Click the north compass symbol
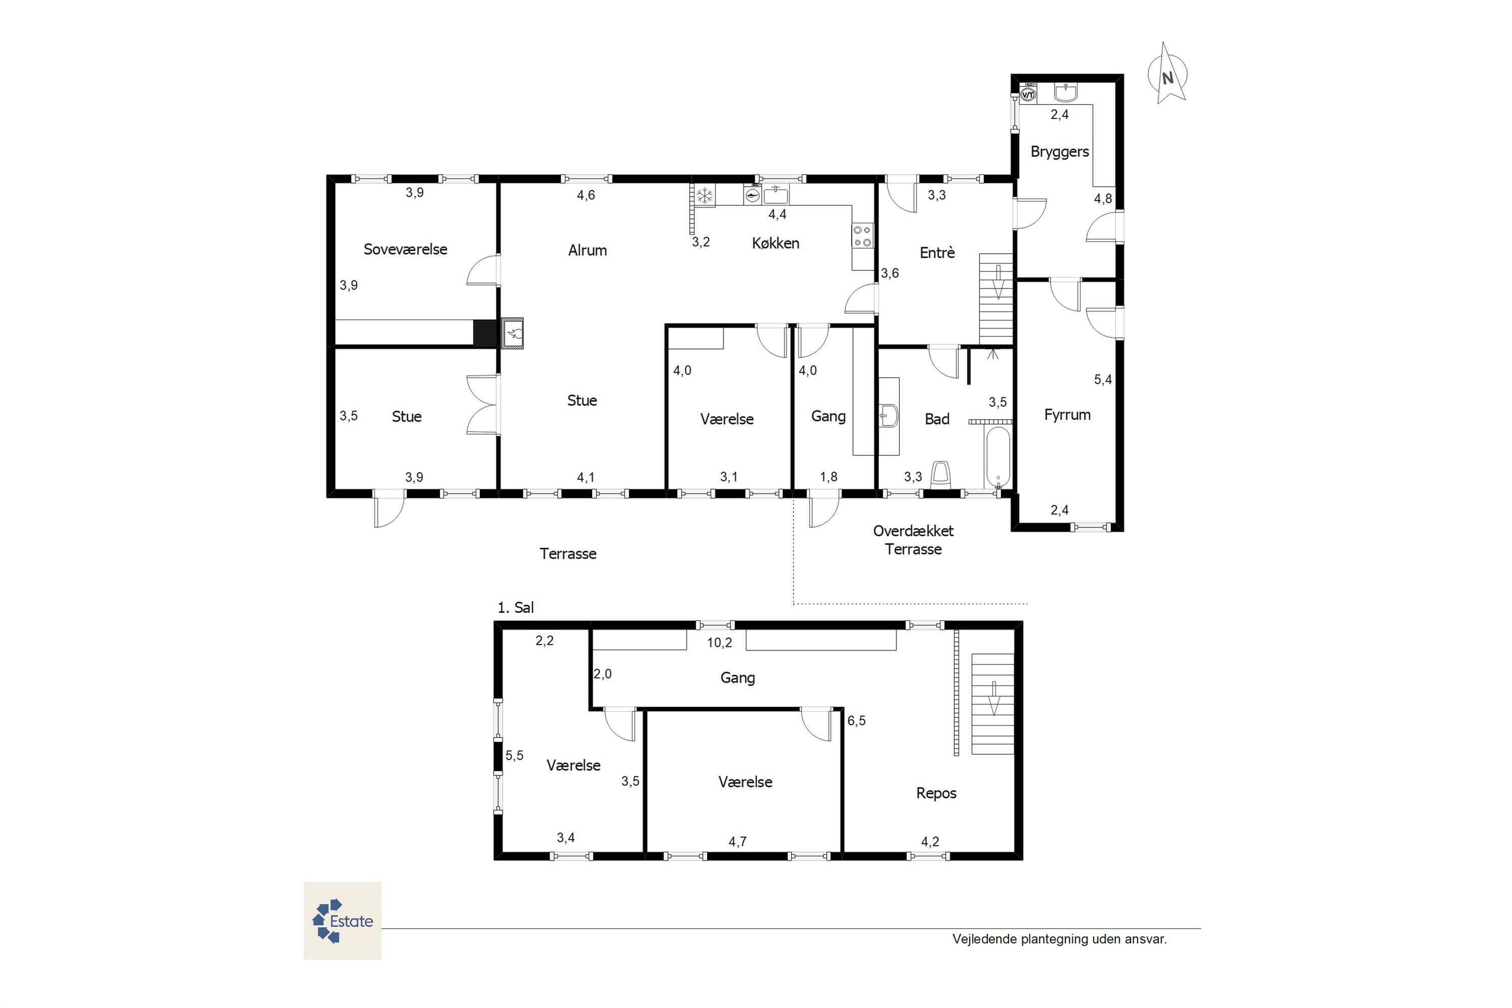1167,74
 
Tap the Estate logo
342,921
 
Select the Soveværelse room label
405,249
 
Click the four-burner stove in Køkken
863,236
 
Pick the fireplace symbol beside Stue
513,333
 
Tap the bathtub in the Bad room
998,458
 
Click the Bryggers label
1059,152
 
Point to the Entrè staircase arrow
998,282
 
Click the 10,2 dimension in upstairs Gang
719,642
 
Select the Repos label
936,793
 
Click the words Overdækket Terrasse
913,540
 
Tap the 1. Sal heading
516,607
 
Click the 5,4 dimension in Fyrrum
1103,380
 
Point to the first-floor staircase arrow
994,698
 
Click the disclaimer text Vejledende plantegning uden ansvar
1059,939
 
